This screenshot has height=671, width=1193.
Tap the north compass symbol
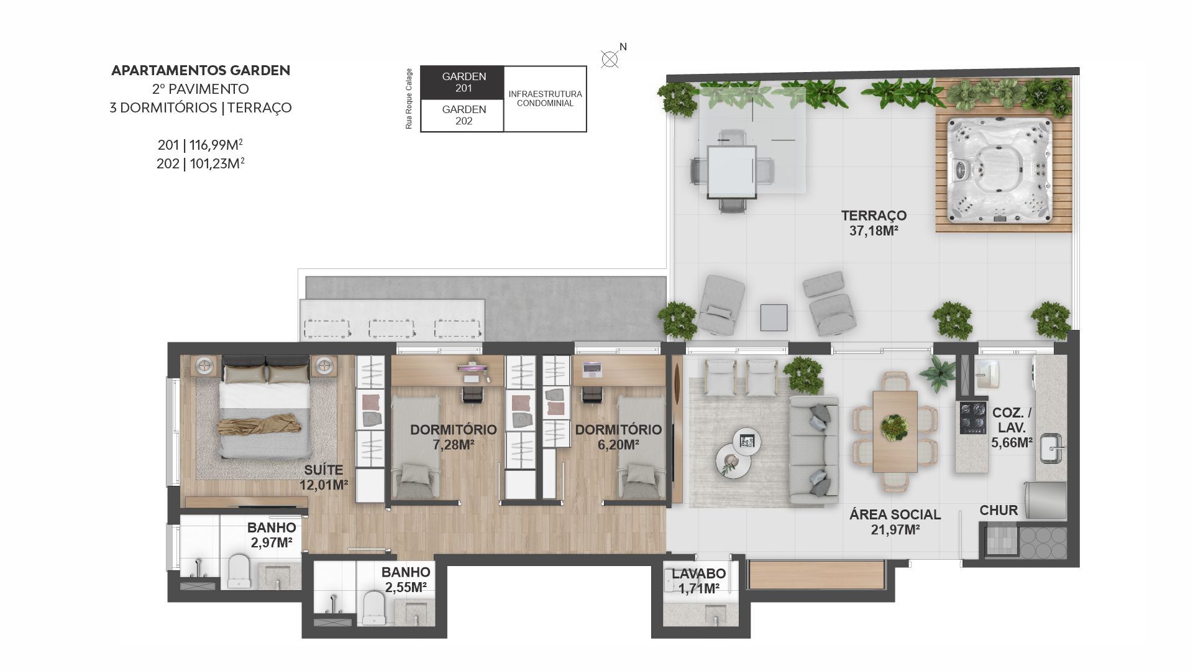pyautogui.click(x=610, y=59)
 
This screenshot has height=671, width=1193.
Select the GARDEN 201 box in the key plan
pyautogui.click(x=462, y=83)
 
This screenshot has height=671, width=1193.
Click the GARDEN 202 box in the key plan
pyautogui.click(x=462, y=116)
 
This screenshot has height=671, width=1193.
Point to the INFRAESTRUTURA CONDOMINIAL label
pyautogui.click(x=545, y=99)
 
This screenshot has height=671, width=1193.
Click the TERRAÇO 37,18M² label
pyautogui.click(x=874, y=223)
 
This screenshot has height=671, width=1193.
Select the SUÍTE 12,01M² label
pyautogui.click(x=323, y=477)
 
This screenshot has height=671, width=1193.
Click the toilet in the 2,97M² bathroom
pyautogui.click(x=238, y=571)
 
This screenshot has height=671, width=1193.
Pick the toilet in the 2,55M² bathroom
pyautogui.click(x=373, y=608)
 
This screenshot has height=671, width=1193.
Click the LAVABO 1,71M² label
pyautogui.click(x=698, y=582)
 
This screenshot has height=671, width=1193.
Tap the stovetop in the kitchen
pyautogui.click(x=972, y=418)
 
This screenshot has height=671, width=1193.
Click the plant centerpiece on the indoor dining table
pyautogui.click(x=895, y=427)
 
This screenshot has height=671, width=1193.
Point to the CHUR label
pyautogui.click(x=999, y=511)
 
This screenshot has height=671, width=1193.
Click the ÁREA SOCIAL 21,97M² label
pyautogui.click(x=895, y=522)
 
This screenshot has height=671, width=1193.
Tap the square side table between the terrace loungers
pyautogui.click(x=774, y=317)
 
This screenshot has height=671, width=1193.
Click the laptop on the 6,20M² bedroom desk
pyautogui.click(x=592, y=369)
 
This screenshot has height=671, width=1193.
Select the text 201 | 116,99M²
pyautogui.click(x=200, y=145)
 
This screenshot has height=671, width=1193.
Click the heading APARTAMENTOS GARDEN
pyautogui.click(x=201, y=70)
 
